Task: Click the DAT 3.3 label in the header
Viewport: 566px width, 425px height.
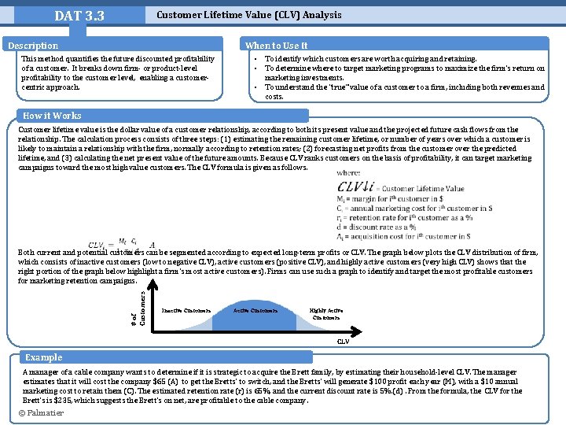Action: click(79, 17)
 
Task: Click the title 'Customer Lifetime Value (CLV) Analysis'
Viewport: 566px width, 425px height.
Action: click(249, 15)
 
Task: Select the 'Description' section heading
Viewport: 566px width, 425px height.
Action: click(33, 46)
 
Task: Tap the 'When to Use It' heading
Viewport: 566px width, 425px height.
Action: click(277, 46)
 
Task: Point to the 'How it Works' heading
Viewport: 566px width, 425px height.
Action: click(52, 116)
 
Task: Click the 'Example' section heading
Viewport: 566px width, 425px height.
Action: click(44, 357)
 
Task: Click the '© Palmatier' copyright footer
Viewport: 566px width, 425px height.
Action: click(42, 413)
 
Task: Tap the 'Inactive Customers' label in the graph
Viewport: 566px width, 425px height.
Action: click(186, 310)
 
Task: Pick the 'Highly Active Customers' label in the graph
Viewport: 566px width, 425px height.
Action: click(325, 314)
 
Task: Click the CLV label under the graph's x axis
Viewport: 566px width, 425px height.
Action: click(344, 341)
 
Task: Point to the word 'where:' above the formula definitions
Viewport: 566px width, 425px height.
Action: click(348, 173)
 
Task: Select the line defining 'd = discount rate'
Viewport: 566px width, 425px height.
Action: click(391, 226)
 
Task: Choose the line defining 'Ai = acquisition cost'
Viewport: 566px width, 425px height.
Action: click(402, 235)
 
